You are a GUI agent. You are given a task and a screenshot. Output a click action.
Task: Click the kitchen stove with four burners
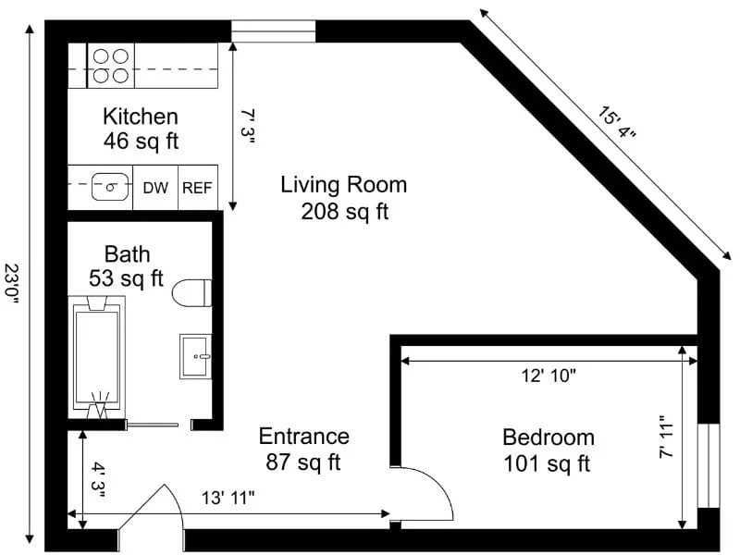pos(111,66)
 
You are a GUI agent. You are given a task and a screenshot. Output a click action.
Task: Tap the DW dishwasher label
pos(155,188)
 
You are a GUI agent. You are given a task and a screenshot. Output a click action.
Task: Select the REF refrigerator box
pos(198,188)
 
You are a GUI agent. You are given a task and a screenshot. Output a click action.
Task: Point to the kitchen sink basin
pos(110,187)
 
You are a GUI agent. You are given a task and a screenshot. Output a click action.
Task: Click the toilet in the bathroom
pos(191,293)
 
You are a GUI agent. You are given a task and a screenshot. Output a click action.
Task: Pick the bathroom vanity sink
pos(195,356)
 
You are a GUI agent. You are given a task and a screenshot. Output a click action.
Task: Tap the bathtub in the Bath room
pos(97,357)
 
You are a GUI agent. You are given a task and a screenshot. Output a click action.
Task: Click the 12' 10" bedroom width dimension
pos(549,376)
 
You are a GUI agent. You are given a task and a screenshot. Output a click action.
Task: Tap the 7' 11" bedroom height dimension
pos(668,437)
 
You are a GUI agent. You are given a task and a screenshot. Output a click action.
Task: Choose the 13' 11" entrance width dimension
pos(228,498)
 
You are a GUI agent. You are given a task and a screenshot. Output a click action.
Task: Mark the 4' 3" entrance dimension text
pos(98,481)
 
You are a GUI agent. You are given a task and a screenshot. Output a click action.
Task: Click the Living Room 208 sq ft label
pos(344,198)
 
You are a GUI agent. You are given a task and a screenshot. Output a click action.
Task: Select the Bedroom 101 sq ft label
pos(548,450)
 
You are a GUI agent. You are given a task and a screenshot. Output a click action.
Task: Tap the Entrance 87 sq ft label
pos(304,449)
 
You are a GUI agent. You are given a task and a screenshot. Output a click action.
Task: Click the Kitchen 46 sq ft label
pos(141,129)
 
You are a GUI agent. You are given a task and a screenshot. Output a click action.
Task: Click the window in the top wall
pos(273,31)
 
